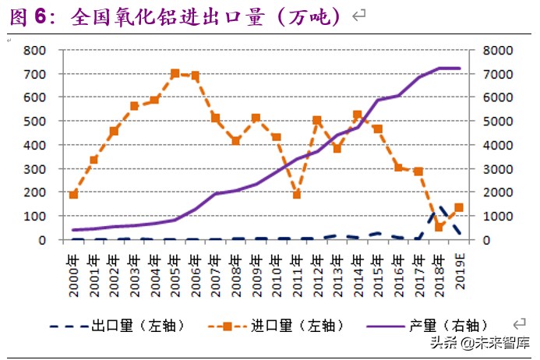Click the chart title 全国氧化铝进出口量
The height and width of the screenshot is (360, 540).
206,17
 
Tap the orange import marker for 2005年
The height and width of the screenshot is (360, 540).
175,73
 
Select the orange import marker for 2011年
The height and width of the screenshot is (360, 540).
297,194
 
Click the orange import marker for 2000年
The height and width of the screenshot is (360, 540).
74,194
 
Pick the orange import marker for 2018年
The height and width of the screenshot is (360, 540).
439,227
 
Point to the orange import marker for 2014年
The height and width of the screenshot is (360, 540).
358,115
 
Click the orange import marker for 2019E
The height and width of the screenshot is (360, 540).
459,207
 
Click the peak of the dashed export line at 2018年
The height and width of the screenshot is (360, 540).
439,207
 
